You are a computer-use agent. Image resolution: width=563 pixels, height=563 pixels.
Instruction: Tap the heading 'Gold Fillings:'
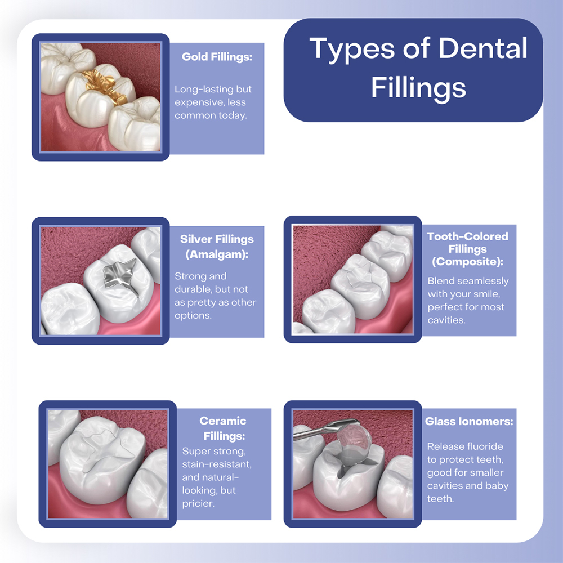(217, 57)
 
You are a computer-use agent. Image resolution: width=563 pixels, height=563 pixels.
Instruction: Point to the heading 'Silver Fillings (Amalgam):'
(217, 246)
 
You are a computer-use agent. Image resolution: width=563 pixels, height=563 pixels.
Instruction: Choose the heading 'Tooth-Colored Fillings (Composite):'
(467, 249)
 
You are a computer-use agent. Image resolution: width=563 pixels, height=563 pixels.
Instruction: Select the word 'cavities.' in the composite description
(446, 320)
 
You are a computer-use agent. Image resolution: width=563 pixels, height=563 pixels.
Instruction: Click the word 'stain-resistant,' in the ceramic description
(217, 464)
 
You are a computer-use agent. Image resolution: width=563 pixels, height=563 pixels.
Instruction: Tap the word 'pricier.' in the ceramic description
(198, 503)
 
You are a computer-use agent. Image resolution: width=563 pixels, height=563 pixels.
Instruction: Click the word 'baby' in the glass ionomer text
(498, 486)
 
